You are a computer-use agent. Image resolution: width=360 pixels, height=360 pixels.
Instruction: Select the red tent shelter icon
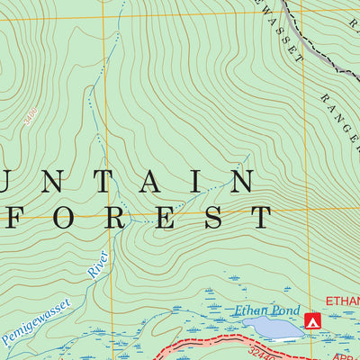click(313, 319)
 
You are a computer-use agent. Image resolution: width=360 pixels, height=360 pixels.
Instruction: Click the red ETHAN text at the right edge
click(343, 301)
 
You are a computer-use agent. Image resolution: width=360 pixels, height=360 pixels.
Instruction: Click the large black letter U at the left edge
click(9, 183)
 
